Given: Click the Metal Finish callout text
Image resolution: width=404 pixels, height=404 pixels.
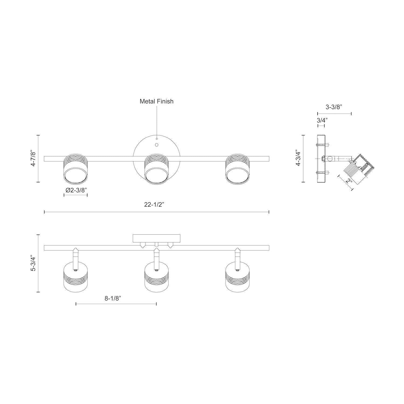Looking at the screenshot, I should click(x=156, y=102).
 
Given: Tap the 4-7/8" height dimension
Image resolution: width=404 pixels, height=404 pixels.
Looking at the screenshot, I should click(x=33, y=159).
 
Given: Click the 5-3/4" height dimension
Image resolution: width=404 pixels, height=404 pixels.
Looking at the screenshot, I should click(x=33, y=263).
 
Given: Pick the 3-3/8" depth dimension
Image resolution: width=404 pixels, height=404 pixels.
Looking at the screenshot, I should click(x=334, y=107).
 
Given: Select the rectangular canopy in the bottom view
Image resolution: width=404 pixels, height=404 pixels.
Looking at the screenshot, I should click(x=156, y=238).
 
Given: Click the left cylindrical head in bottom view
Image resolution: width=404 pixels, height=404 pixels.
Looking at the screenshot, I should click(x=76, y=281).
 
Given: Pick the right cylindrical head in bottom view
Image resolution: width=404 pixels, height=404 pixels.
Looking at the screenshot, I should click(x=237, y=281).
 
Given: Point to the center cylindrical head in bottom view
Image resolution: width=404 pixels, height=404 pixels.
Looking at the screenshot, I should click(x=156, y=281).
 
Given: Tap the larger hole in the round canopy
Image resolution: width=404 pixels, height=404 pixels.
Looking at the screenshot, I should click(x=156, y=145).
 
